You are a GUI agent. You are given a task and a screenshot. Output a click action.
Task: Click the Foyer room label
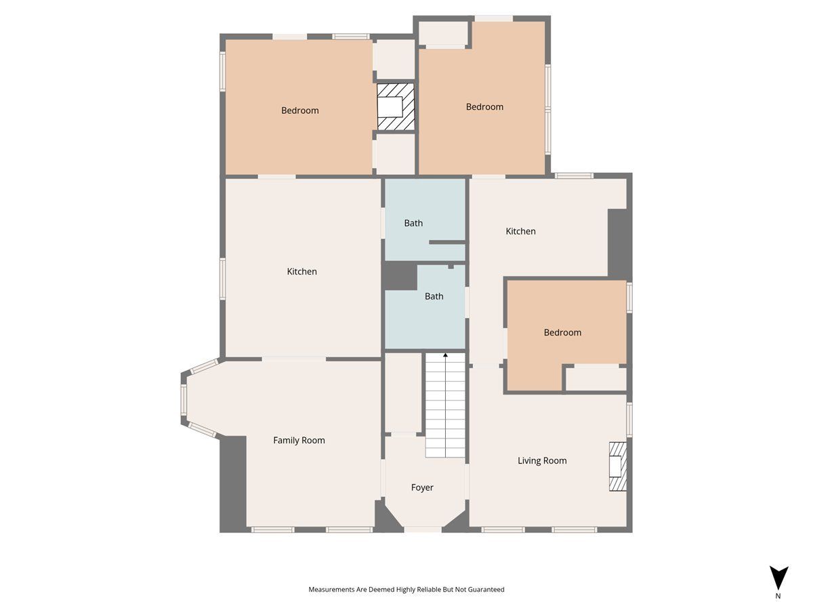tap(422, 488)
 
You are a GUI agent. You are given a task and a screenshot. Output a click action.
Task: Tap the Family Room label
tap(299, 441)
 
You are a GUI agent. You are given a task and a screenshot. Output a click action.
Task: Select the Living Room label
tap(542, 461)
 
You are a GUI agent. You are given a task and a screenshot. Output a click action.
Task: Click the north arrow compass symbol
tap(778, 577)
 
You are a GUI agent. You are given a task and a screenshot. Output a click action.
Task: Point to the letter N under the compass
tap(778, 596)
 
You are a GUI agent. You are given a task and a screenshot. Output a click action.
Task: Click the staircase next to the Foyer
tap(445, 405)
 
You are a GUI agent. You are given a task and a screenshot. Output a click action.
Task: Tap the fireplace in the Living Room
tap(618, 467)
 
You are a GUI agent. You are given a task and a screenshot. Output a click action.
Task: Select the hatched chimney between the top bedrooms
tap(396, 106)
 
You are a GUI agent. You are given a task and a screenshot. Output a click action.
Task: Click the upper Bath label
tap(413, 224)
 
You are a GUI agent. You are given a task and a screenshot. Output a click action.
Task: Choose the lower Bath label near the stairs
tap(434, 296)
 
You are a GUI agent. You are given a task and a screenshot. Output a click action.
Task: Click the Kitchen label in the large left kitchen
tap(302, 272)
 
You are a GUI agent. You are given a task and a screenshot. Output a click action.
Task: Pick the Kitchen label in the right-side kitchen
tap(520, 232)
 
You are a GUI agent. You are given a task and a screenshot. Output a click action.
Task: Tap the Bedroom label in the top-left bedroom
tap(299, 110)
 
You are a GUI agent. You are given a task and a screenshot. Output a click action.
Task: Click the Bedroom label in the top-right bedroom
tap(484, 107)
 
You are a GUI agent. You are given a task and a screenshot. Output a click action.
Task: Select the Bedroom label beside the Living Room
tap(562, 333)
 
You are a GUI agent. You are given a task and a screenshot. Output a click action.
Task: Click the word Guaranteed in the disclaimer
tap(486, 589)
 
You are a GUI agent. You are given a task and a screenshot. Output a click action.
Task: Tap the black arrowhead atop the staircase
tap(446, 354)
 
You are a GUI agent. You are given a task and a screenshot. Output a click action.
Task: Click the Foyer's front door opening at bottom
tap(423, 529)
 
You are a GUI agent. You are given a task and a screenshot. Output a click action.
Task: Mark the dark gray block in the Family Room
tap(233, 484)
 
